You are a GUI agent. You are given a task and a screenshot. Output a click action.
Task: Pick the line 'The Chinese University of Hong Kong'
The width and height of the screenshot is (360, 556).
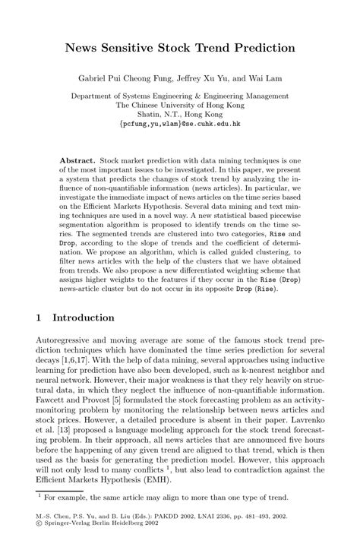(179, 105)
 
